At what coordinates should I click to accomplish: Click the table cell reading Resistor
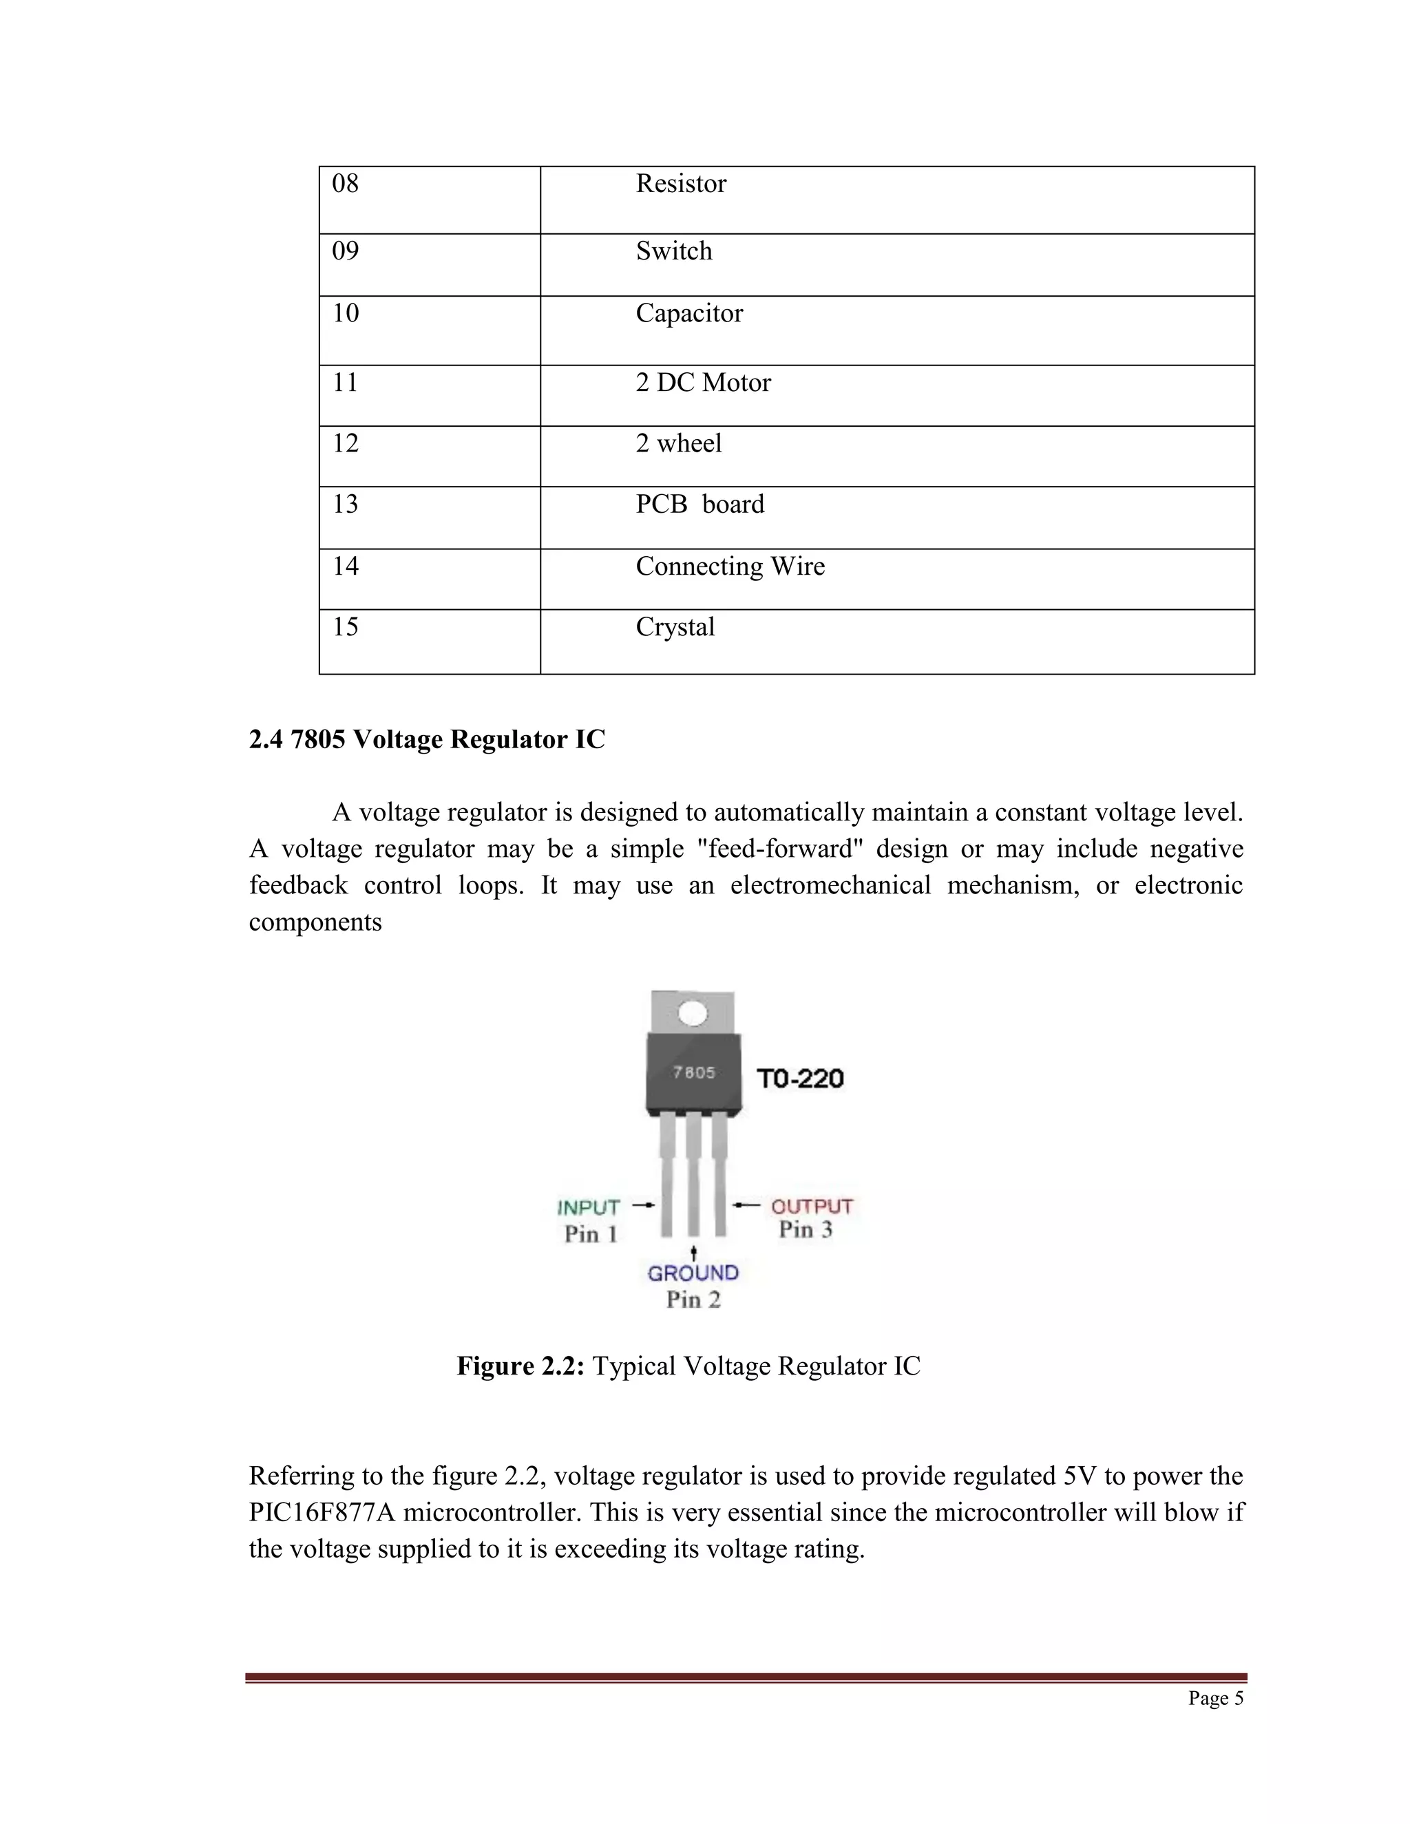click(681, 184)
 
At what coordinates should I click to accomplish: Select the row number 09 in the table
click(345, 251)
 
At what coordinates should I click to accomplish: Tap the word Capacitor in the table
click(689, 313)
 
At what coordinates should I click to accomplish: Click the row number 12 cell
click(345, 443)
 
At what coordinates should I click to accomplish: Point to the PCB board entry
click(699, 505)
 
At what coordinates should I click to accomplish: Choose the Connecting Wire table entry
click(729, 566)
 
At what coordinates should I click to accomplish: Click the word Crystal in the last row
click(675, 627)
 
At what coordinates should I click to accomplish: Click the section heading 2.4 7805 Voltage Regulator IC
click(427, 739)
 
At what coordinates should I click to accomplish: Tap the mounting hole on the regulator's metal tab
click(693, 1014)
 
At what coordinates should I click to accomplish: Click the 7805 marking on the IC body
click(694, 1072)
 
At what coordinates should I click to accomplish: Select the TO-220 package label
click(800, 1079)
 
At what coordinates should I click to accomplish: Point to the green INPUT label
click(588, 1208)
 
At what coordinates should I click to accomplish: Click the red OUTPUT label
click(811, 1206)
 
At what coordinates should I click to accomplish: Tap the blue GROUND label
click(693, 1273)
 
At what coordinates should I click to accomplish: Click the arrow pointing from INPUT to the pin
click(643, 1205)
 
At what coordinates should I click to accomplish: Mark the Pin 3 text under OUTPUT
click(806, 1229)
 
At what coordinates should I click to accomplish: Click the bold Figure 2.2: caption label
click(520, 1366)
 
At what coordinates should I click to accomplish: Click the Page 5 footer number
click(1215, 1698)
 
